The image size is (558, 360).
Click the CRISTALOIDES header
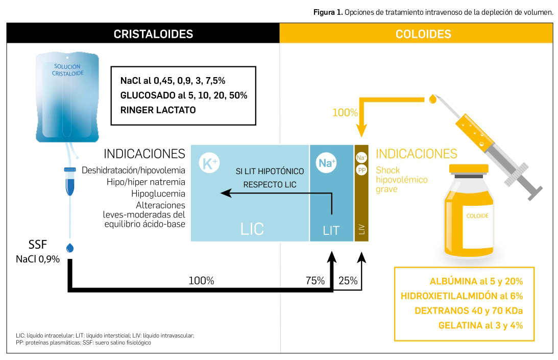pyautogui.click(x=153, y=34)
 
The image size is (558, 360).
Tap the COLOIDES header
pyautogui.click(x=423, y=34)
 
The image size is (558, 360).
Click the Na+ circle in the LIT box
pyautogui.click(x=327, y=163)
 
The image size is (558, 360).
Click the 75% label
pyautogui.click(x=315, y=280)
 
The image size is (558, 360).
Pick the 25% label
pyautogui.click(x=348, y=280)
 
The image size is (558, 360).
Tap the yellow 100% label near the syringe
pyautogui.click(x=345, y=113)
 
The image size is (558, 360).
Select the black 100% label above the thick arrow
pyautogui.click(x=201, y=280)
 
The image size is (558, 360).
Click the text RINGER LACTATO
pyautogui.click(x=158, y=110)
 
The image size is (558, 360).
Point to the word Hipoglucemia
pyautogui.click(x=158, y=194)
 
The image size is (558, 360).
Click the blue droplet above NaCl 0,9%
pyautogui.click(x=70, y=248)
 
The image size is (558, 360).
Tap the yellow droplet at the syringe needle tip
pyautogui.click(x=433, y=97)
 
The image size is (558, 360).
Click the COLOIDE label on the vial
pyautogui.click(x=477, y=216)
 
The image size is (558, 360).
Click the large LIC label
pyautogui.click(x=252, y=228)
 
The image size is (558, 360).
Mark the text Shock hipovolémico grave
pyautogui.click(x=394, y=180)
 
